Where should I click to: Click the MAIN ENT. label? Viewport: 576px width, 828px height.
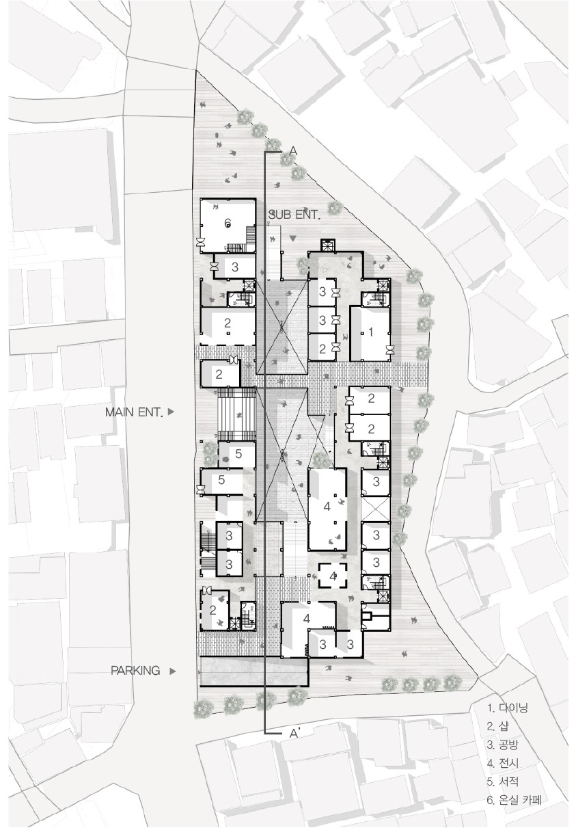(x=134, y=412)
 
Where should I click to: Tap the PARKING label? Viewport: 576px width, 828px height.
(x=135, y=671)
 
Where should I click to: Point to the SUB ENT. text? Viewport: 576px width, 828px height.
(x=294, y=215)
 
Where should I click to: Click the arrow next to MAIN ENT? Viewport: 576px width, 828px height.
(x=171, y=412)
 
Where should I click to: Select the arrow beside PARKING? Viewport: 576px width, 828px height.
(x=172, y=671)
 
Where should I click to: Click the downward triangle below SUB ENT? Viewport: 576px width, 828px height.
(x=293, y=239)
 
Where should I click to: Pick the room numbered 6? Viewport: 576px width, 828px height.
(x=228, y=226)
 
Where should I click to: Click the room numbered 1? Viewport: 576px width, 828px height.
(x=370, y=333)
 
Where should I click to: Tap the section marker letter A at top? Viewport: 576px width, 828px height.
(x=294, y=151)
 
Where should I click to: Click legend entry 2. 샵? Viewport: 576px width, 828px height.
(x=498, y=726)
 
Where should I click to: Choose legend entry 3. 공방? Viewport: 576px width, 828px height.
(x=502, y=745)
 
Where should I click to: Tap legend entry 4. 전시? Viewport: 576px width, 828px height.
(x=503, y=762)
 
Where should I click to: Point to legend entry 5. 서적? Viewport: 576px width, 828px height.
(x=503, y=781)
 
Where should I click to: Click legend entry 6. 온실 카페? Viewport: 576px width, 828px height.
(x=515, y=799)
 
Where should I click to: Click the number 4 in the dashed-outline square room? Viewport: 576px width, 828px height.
(x=333, y=576)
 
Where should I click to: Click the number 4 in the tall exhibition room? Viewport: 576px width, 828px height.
(x=327, y=507)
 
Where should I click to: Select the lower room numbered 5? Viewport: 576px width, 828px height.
(x=221, y=481)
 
